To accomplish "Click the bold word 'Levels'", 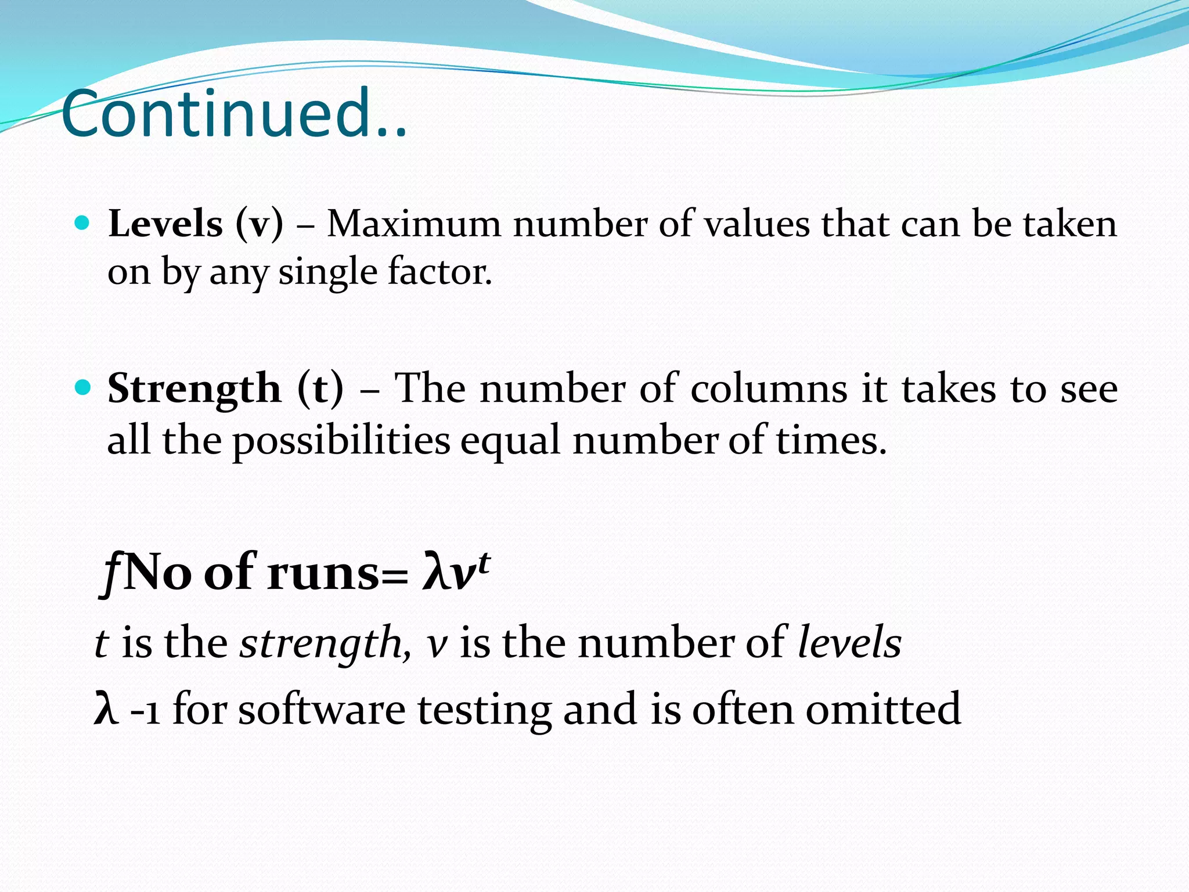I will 165,224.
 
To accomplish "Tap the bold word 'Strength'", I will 194,389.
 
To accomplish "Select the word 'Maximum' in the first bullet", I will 413,224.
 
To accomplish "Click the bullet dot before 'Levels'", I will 82,222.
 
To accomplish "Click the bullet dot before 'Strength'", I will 82,386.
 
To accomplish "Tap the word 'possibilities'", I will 341,440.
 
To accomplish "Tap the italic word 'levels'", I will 849,642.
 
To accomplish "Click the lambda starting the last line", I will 106,709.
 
